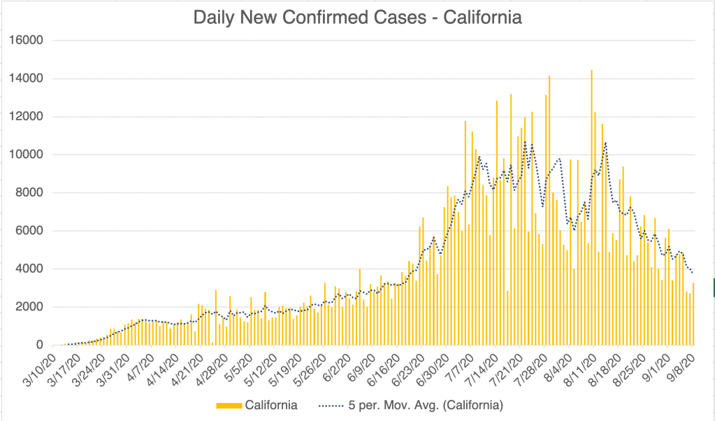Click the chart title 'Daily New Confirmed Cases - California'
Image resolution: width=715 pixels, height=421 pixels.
(357, 17)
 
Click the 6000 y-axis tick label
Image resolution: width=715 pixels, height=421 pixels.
(31, 231)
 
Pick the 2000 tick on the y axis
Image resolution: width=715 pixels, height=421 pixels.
(31, 307)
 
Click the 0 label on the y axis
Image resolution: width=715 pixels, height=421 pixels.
(41, 345)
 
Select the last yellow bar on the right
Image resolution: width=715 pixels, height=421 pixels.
(693, 315)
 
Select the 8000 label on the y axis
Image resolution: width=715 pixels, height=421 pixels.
(31, 192)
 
